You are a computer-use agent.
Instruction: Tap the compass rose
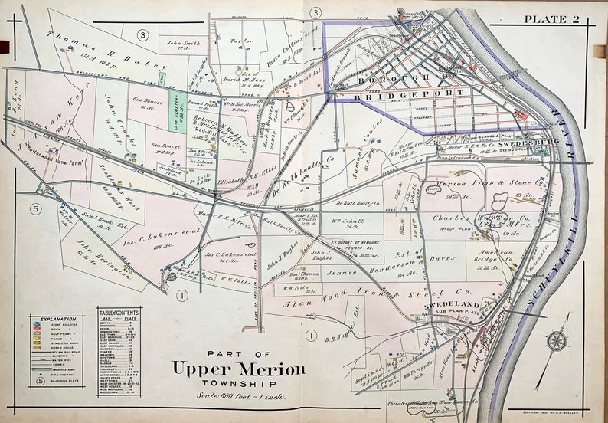pos(557,341)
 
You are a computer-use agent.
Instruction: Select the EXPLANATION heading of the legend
pos(60,319)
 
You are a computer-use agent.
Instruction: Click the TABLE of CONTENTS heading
pos(118,312)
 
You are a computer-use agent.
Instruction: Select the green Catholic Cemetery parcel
pos(177,111)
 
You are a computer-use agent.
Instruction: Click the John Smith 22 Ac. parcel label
pos(184,45)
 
